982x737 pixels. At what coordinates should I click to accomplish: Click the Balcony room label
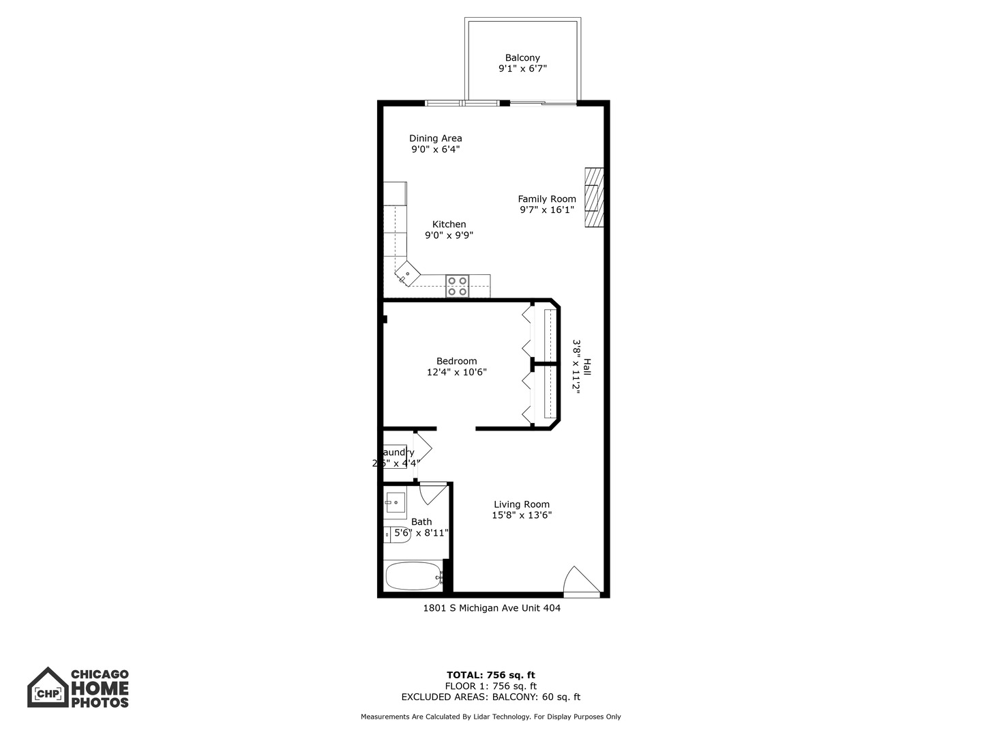coord(522,58)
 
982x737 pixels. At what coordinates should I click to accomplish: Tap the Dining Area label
coord(435,139)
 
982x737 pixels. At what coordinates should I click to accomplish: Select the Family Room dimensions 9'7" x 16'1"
coord(547,210)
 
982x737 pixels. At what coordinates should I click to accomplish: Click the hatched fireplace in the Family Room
coord(593,197)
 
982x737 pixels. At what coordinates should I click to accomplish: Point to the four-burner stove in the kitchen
coord(458,286)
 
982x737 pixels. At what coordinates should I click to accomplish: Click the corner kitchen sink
coord(406,276)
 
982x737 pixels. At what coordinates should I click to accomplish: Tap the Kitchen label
coord(449,225)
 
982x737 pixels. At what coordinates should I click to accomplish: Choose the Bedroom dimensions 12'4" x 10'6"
coord(456,373)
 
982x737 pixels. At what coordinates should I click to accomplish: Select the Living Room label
coord(522,505)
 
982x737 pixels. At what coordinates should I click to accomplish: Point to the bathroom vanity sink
coord(396,502)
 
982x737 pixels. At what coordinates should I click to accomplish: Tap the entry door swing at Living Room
coord(582,581)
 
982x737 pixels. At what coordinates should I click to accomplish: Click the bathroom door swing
coord(432,493)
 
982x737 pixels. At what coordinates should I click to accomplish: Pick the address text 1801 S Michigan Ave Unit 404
coord(492,608)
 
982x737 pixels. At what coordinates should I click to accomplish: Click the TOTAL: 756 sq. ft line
coord(491,676)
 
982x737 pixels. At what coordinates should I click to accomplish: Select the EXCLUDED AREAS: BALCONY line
coord(491,697)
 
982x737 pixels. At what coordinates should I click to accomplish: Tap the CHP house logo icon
coord(48,688)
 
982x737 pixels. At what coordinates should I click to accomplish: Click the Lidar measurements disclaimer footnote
coord(491,717)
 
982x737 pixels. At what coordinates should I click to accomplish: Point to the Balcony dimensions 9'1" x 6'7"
coord(522,69)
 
